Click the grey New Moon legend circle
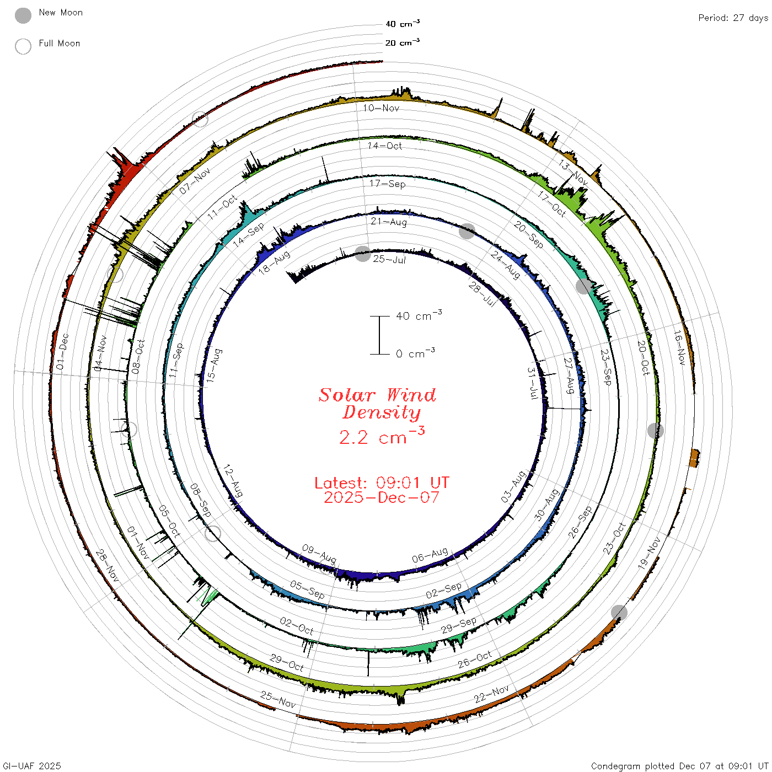pos(23,15)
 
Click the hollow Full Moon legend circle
pos(23,46)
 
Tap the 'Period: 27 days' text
pos(733,18)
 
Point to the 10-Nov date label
pos(381,108)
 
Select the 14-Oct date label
pos(384,146)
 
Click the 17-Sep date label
pos(388,184)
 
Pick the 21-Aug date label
pos(389,221)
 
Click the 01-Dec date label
pos(62,351)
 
